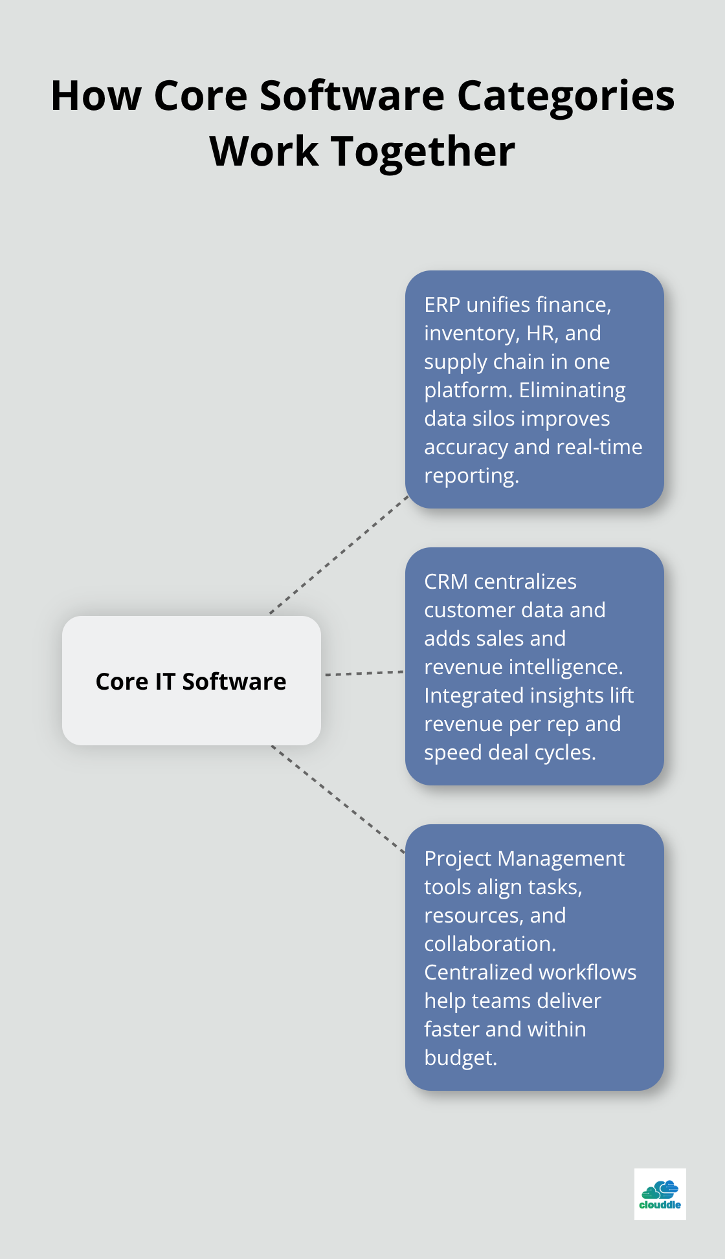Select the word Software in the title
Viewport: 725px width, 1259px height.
point(352,96)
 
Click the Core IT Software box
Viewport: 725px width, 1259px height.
point(191,681)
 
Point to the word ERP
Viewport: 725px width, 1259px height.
point(442,305)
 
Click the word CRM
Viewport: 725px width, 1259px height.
point(446,582)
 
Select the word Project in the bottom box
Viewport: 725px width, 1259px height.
point(458,859)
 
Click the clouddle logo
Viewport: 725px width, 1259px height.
point(660,1194)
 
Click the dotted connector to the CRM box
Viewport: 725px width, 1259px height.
point(364,673)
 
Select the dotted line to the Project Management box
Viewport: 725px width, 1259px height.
point(338,799)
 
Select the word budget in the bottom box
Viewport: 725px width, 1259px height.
point(459,1058)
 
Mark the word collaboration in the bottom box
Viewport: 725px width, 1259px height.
point(489,944)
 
